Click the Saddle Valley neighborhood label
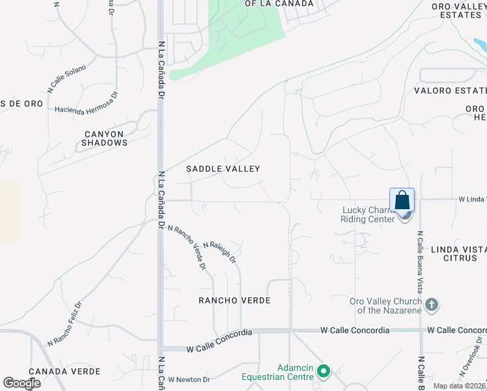pos(223,169)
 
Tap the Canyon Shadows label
pos(105,138)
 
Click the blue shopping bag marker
pos(402,200)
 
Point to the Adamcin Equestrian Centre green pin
pos(324,373)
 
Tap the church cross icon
pos(431,305)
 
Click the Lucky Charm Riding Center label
pos(369,214)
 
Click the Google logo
pos(21,383)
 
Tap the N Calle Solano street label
pos(66,76)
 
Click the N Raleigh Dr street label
pos(219,252)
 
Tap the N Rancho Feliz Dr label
pos(64,324)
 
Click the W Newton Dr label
pos(189,379)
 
